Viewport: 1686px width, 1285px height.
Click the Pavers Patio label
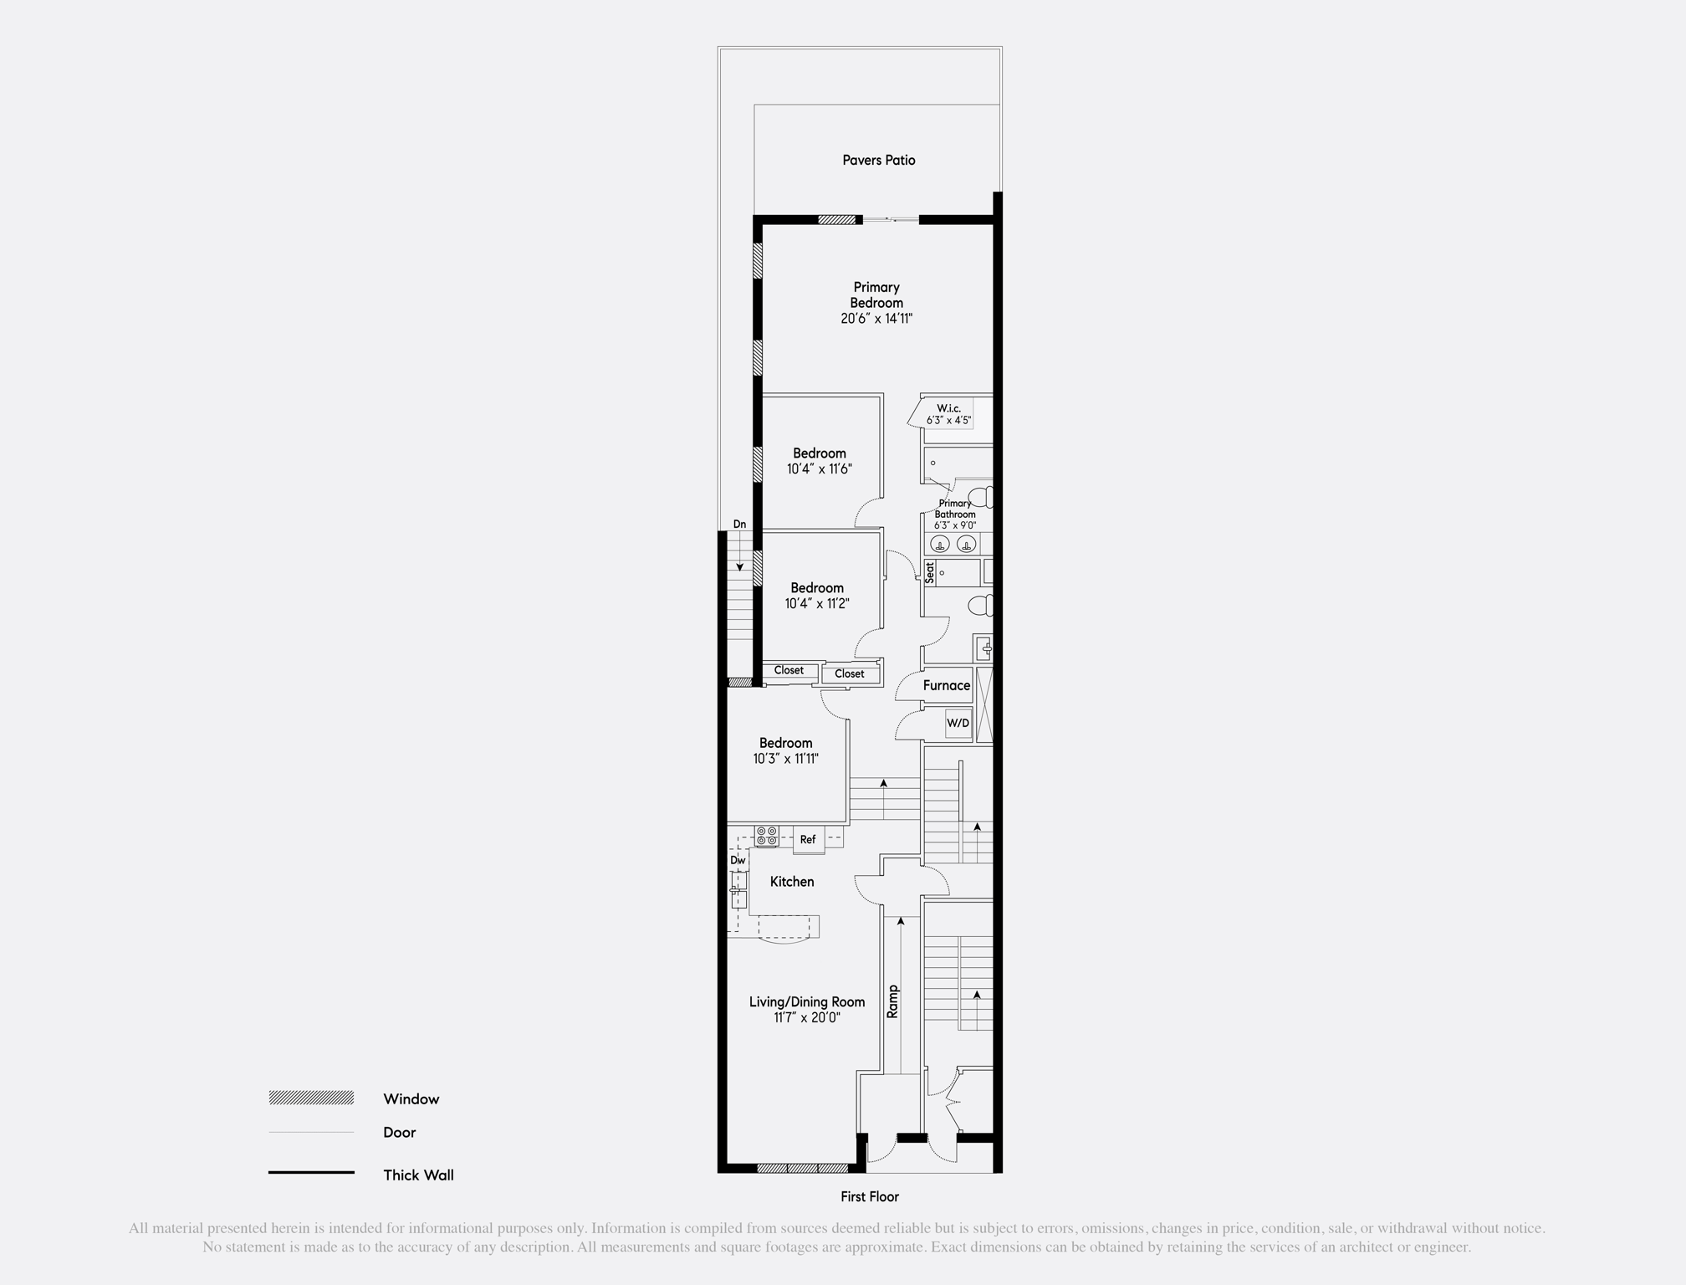pos(878,160)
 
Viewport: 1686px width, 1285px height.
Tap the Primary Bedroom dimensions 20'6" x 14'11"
pos(876,319)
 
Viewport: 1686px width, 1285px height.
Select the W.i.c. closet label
pos(948,408)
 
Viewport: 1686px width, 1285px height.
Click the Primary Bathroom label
pos(955,509)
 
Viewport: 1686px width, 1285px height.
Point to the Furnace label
pos(947,685)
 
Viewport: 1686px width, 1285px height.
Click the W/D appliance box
pos(958,723)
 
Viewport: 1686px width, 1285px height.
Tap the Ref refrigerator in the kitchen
pos(808,839)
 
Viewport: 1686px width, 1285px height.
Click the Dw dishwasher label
pos(738,860)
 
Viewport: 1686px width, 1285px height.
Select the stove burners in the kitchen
pos(767,836)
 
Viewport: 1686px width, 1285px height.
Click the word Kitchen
pos(792,882)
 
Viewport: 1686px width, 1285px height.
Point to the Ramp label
pos(892,1001)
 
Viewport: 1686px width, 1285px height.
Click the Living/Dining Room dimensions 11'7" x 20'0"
pos(806,1018)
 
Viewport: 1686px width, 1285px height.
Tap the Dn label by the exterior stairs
pos(739,525)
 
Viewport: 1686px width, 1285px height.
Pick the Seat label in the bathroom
pos(930,573)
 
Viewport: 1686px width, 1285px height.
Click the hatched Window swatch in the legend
pos(311,1098)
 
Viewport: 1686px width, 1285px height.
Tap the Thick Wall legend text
pos(418,1175)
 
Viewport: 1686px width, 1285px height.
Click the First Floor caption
pos(870,1197)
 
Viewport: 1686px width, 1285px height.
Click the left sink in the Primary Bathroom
pos(940,545)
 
